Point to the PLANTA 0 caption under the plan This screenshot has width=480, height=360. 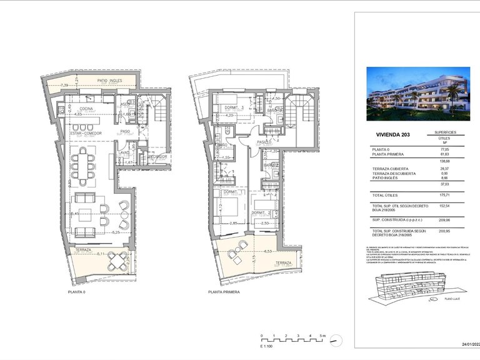coord(77,292)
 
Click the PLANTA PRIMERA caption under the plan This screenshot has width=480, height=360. coord(224,292)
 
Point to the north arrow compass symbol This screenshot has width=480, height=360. coord(338,341)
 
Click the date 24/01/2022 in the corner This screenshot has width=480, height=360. coord(470,344)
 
